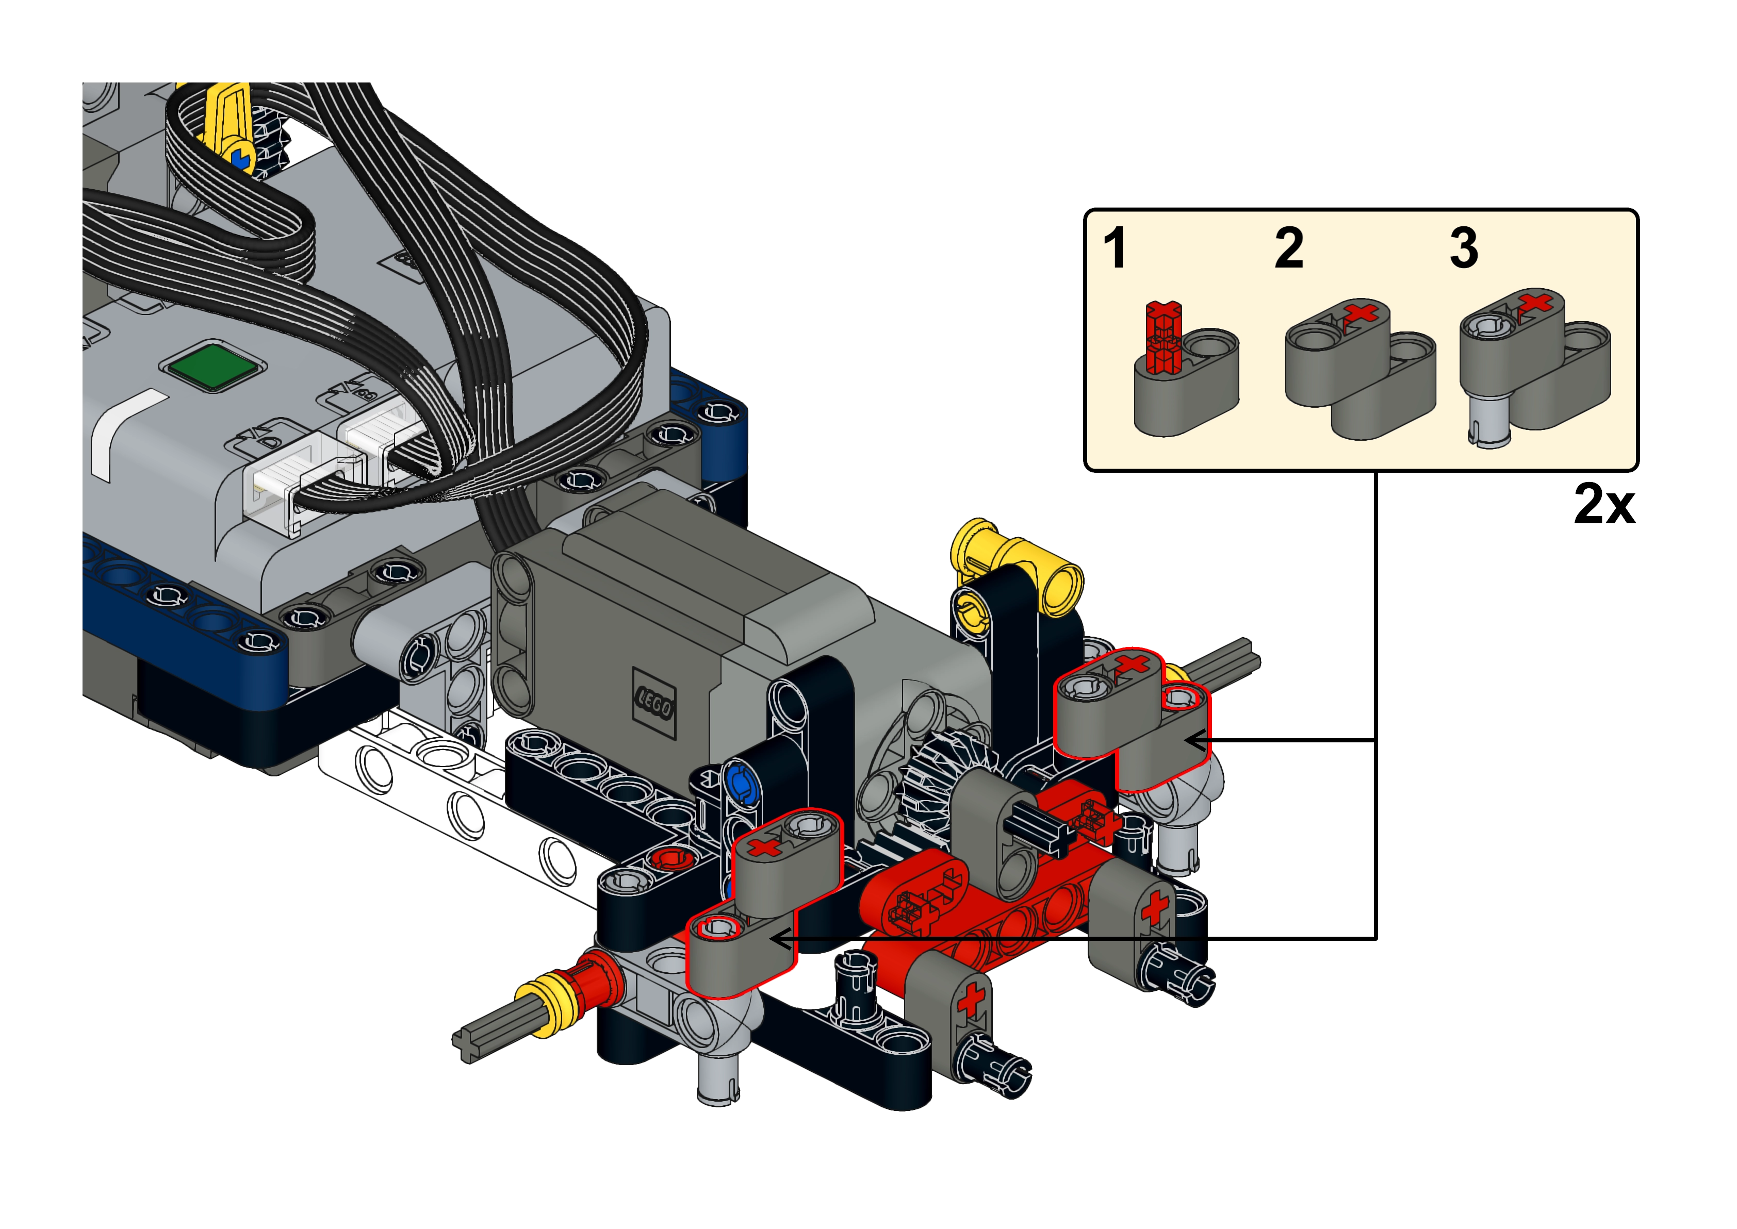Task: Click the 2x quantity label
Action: [x=1604, y=504]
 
